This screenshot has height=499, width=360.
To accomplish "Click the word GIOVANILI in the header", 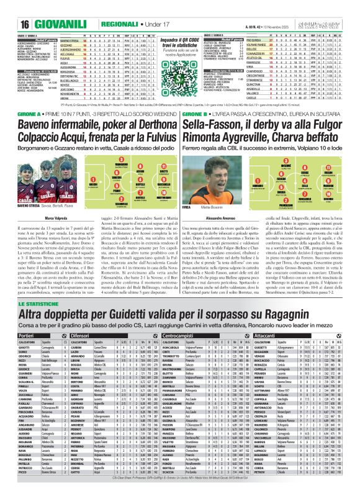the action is [44, 8].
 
